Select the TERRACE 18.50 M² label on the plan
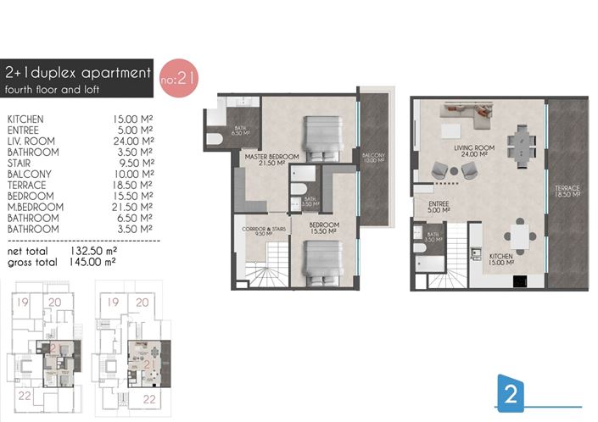(565, 191)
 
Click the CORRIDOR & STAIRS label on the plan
(259, 232)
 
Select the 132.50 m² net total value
(93, 252)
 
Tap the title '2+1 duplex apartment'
(77, 73)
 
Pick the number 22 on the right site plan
(148, 397)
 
